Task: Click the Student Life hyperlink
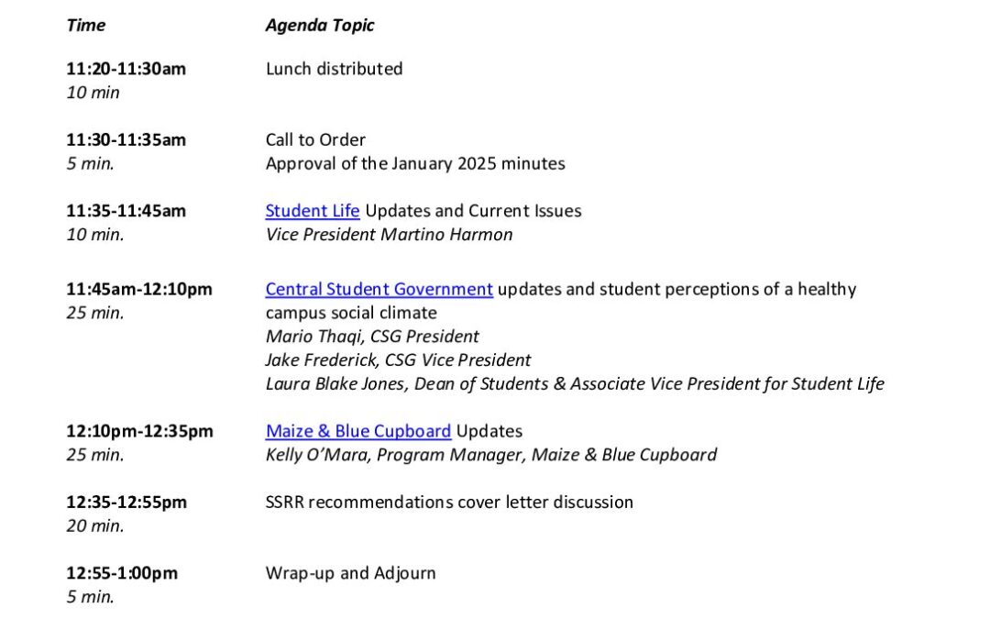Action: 312,211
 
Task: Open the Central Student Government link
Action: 379,289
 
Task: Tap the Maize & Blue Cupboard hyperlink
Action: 357,431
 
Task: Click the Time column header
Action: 85,26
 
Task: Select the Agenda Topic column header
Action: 320,26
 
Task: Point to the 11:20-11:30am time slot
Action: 126,69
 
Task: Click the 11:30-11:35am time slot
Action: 126,140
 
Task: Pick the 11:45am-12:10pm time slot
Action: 138,290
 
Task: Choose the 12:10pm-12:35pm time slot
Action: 139,431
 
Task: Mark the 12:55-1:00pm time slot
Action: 122,573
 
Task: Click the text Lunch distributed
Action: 334,69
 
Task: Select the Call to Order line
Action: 315,140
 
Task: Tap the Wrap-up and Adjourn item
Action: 350,573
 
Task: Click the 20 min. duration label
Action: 94,526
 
